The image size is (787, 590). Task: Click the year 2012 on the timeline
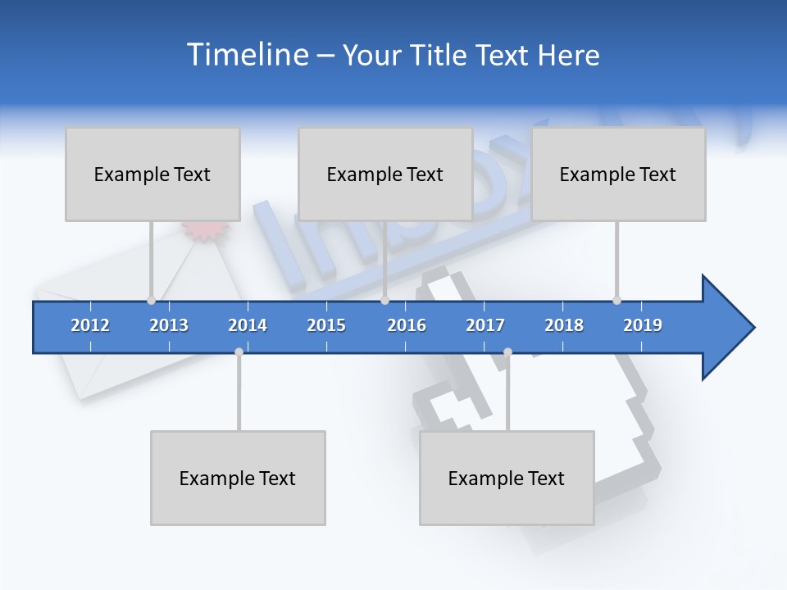(x=90, y=325)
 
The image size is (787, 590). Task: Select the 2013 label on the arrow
(x=169, y=325)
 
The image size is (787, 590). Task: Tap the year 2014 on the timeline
(x=248, y=325)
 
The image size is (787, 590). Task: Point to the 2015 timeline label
(x=326, y=325)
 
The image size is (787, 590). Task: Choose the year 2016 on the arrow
(x=407, y=325)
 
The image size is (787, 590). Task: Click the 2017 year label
(x=485, y=325)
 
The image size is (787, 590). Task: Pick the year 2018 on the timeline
(x=564, y=325)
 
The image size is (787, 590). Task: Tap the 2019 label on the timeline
(x=643, y=325)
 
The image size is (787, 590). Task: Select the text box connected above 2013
(x=152, y=174)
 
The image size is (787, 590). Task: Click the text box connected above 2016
(x=385, y=174)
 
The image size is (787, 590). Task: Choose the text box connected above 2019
(x=618, y=174)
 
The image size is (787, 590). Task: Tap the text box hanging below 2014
(x=238, y=478)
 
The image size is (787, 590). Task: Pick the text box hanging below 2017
(x=507, y=478)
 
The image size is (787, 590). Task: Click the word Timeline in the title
(x=246, y=55)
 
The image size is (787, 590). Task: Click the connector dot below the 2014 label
(x=239, y=352)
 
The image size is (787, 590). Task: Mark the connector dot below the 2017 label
(x=507, y=352)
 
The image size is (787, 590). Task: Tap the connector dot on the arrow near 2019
(x=616, y=300)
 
